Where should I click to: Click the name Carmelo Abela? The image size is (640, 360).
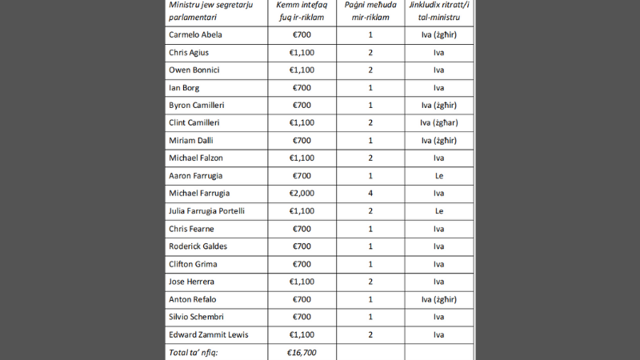[x=195, y=35]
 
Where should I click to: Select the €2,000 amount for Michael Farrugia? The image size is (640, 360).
[x=302, y=193]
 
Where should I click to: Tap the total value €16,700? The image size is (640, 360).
[x=302, y=351]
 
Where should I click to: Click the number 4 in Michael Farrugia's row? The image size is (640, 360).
[x=370, y=193]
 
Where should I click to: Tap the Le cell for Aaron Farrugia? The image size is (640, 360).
[x=438, y=175]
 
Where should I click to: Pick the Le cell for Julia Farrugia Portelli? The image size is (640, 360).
[x=438, y=210]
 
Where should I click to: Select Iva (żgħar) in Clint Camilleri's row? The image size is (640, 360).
[x=438, y=123]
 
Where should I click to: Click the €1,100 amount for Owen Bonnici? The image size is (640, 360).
[x=302, y=70]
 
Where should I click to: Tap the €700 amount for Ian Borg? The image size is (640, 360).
[x=302, y=88]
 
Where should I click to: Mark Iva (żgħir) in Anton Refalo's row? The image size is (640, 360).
[x=438, y=298]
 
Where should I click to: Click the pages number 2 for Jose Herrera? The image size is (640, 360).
[x=370, y=281]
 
